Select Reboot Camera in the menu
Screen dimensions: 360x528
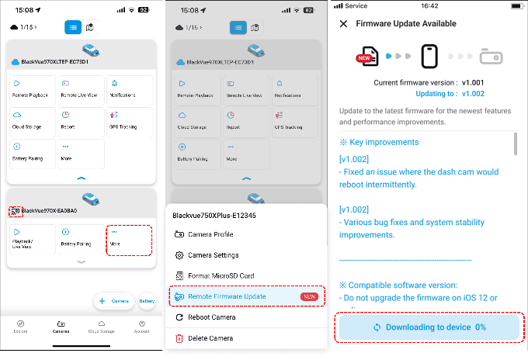point(212,317)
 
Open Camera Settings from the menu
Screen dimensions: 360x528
point(213,254)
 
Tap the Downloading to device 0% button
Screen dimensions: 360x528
point(429,327)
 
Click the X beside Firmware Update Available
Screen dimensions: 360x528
point(343,24)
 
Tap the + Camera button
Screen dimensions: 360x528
point(114,300)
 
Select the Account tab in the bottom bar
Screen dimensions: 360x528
point(142,326)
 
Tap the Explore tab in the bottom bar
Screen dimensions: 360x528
point(21,326)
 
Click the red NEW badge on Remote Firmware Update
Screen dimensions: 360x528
point(308,296)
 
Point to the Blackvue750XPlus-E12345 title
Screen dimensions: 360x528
point(214,216)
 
